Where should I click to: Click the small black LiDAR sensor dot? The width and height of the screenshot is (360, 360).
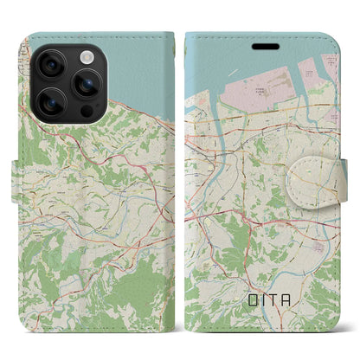87,112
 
